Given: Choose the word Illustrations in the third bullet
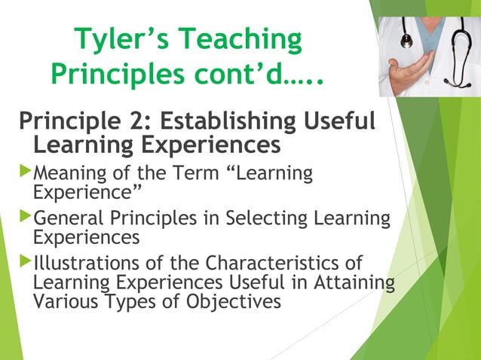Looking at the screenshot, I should [x=82, y=264].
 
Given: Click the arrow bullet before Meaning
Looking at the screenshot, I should [x=26, y=172].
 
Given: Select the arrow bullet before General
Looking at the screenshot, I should [x=26, y=218].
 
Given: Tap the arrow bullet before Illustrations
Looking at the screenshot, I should [x=26, y=264].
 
